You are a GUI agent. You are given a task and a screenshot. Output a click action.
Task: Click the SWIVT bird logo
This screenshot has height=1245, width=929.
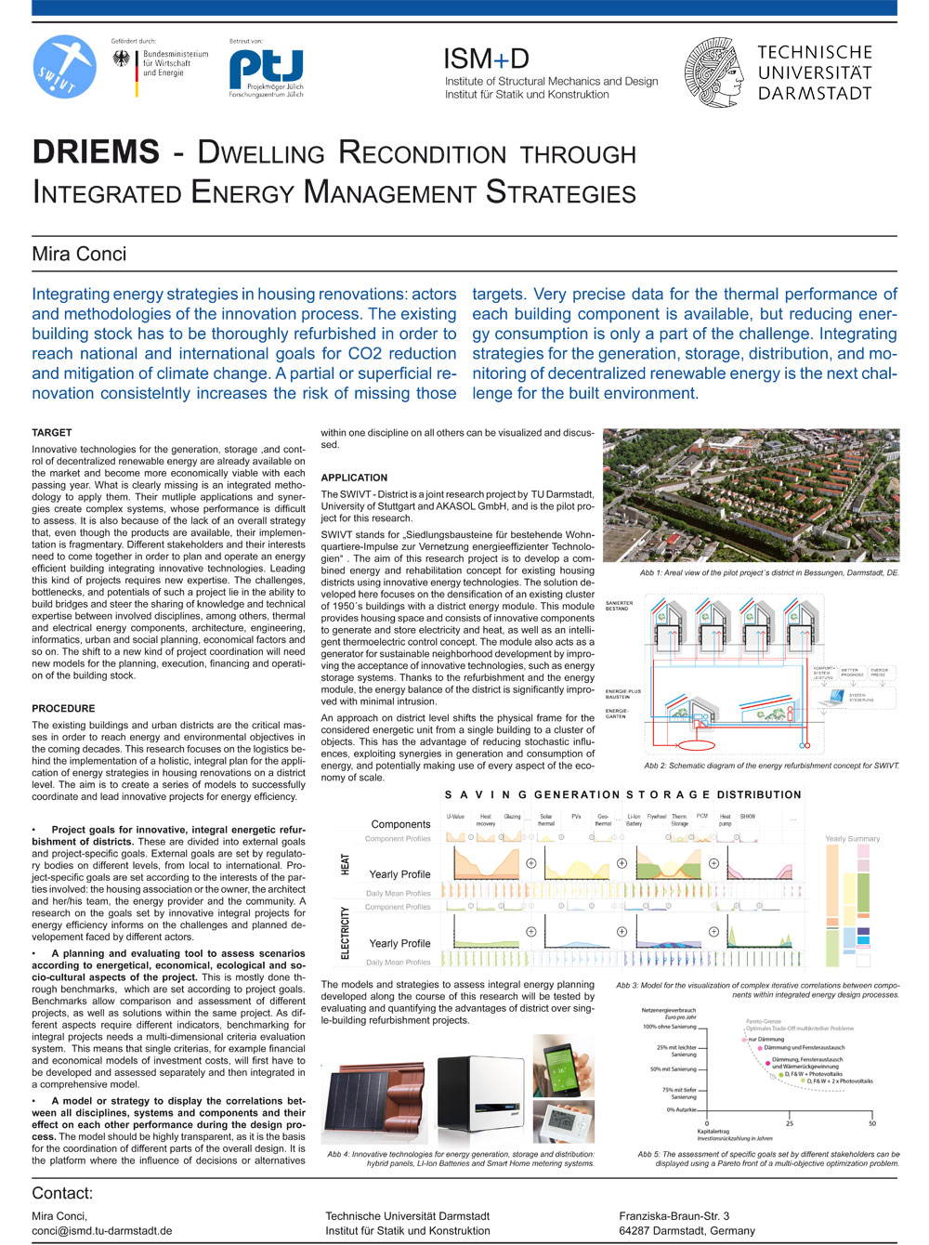(x=66, y=66)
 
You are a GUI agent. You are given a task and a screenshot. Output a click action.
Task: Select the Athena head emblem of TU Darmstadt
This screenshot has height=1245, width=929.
(x=714, y=72)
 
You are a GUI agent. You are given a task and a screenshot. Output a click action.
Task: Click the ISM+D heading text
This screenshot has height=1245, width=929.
(x=486, y=59)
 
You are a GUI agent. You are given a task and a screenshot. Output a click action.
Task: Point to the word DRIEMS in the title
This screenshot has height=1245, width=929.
(x=96, y=152)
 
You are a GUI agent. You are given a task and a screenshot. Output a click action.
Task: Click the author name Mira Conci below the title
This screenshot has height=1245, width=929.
(x=79, y=254)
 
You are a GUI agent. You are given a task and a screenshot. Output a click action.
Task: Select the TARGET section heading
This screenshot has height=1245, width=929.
(x=52, y=433)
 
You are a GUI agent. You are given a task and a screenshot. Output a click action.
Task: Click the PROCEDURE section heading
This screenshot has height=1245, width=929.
(x=63, y=709)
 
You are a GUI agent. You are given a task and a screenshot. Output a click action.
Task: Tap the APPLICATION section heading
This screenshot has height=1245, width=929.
(x=354, y=478)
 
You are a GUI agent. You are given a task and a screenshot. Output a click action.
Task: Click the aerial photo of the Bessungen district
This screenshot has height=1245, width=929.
(x=751, y=495)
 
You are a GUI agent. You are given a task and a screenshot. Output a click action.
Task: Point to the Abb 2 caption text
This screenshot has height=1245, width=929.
(x=771, y=766)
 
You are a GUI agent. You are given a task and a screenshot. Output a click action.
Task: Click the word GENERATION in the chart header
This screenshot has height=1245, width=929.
(x=577, y=795)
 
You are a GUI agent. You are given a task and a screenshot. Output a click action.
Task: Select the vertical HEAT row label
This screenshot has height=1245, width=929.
(x=346, y=864)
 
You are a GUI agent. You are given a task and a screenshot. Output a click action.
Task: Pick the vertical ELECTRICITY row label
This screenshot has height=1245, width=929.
(x=346, y=933)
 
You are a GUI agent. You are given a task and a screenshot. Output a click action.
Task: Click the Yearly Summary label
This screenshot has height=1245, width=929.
(x=852, y=839)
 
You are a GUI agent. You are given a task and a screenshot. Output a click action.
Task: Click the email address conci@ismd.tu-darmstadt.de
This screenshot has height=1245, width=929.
(x=102, y=1231)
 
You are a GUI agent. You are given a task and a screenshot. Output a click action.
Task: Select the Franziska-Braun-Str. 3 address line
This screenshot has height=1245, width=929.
(x=674, y=1216)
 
